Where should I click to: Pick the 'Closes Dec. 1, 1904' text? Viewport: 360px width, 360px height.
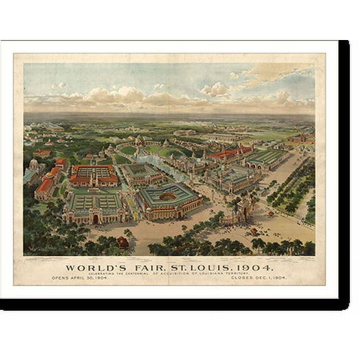coord(258,278)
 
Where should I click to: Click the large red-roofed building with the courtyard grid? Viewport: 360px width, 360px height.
coord(94,176)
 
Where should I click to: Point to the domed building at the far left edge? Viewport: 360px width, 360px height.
coord(34,166)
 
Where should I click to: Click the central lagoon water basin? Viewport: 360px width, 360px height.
coord(153,164)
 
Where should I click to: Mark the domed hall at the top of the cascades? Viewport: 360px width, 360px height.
coord(139,141)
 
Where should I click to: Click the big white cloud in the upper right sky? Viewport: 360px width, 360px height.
coord(216,89)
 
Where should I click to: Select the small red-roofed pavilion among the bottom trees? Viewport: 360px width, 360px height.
coord(123,241)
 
